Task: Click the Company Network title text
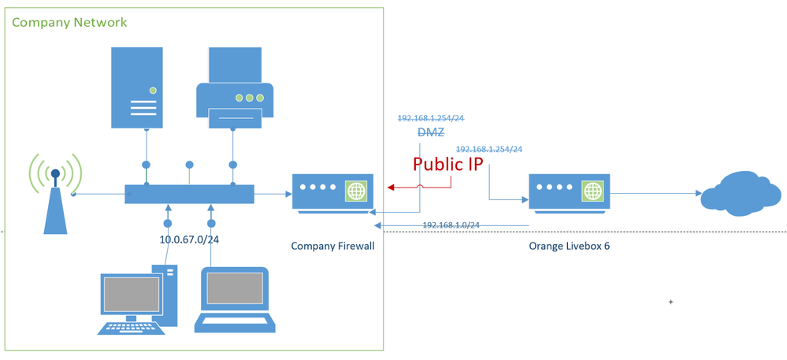coord(69,22)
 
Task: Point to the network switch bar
coord(189,194)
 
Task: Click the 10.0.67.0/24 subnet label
coord(189,239)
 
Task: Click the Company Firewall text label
coord(332,247)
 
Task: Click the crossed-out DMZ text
coord(431,134)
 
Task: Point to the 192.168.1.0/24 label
coord(451,225)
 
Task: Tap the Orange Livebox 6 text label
coord(570,247)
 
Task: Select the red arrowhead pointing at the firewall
coord(391,188)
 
